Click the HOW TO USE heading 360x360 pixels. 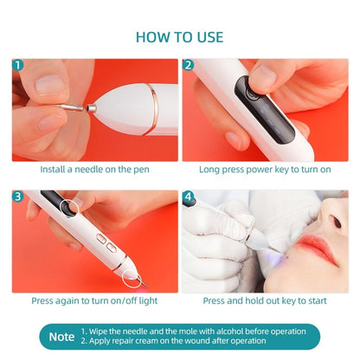[x=179, y=36]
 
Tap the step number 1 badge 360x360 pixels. [x=19, y=65]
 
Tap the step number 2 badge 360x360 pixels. [x=189, y=65]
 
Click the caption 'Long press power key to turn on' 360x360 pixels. [x=266, y=170]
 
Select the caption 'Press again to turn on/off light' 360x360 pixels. [x=94, y=301]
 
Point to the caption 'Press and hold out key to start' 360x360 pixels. [x=266, y=301]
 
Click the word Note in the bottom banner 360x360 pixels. [x=61, y=336]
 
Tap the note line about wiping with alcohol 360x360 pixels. [x=194, y=331]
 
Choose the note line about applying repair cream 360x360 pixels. [x=185, y=342]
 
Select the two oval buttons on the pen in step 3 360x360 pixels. [x=106, y=244]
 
